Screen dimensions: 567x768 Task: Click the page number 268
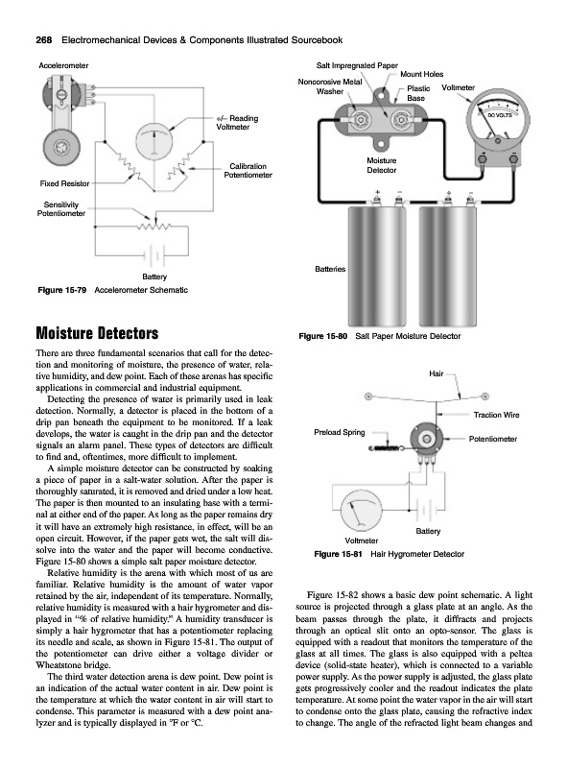click(44, 40)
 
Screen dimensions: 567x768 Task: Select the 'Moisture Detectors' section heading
click(97, 333)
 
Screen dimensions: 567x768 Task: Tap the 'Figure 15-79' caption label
click(62, 290)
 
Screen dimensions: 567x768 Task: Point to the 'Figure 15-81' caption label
click(339, 554)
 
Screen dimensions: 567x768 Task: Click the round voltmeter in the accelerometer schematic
click(154, 141)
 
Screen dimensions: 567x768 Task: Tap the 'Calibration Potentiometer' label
click(248, 171)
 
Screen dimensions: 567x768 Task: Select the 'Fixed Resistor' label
click(64, 183)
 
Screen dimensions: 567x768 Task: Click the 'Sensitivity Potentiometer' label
click(61, 209)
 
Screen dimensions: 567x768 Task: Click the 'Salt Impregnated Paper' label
click(357, 65)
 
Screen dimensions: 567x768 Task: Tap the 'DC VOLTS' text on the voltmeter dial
click(500, 115)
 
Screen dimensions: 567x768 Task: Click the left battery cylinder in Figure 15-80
click(376, 266)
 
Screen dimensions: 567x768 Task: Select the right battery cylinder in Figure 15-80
click(448, 266)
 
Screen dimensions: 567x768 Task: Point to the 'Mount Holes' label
click(421, 75)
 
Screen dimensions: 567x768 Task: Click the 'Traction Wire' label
click(497, 415)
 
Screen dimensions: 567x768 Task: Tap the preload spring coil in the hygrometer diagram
click(387, 447)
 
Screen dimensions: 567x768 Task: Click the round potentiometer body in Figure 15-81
click(427, 439)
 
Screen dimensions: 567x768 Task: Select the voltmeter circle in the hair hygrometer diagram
click(362, 511)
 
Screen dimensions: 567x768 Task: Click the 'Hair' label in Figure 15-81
click(436, 373)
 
